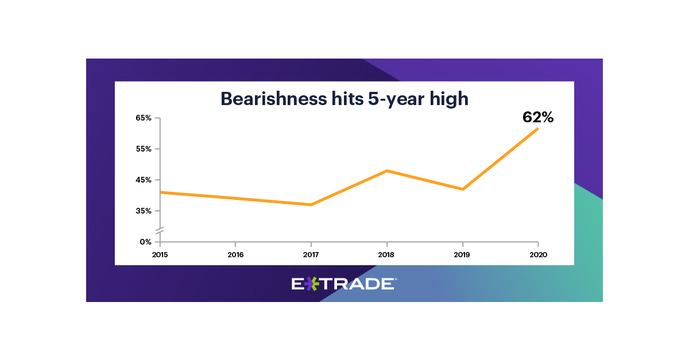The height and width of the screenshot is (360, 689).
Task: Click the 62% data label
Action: tap(537, 117)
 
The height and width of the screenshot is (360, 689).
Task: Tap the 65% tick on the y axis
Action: tap(144, 118)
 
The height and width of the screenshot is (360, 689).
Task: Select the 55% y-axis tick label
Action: tap(144, 149)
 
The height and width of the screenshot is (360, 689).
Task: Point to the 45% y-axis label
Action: tap(144, 180)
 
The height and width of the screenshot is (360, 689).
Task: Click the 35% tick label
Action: tap(144, 211)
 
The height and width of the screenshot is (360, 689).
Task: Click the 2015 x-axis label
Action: tap(160, 254)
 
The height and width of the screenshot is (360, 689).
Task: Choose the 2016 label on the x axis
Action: tap(235, 254)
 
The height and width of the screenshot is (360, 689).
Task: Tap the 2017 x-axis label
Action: tap(311, 254)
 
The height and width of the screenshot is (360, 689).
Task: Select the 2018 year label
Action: tap(386, 254)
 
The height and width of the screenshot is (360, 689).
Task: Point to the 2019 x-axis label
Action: tap(462, 254)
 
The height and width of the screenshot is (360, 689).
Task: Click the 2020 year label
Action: tap(538, 254)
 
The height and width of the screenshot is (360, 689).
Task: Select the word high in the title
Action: tap(451, 99)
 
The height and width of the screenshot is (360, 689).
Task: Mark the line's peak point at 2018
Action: tap(387, 171)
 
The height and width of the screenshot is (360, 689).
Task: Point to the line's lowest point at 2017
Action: tap(311, 204)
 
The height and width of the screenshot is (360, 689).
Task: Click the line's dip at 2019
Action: tap(462, 189)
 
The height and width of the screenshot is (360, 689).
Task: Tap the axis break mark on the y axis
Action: tap(160, 230)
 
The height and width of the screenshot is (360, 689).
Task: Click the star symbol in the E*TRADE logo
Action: tap(310, 283)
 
